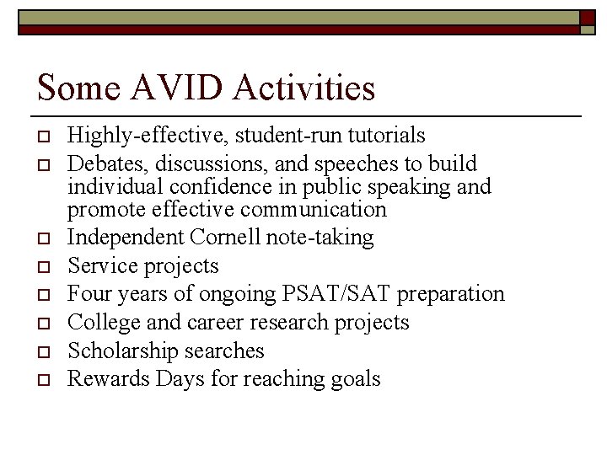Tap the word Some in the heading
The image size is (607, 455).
[73, 88]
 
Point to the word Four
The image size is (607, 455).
[87, 294]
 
